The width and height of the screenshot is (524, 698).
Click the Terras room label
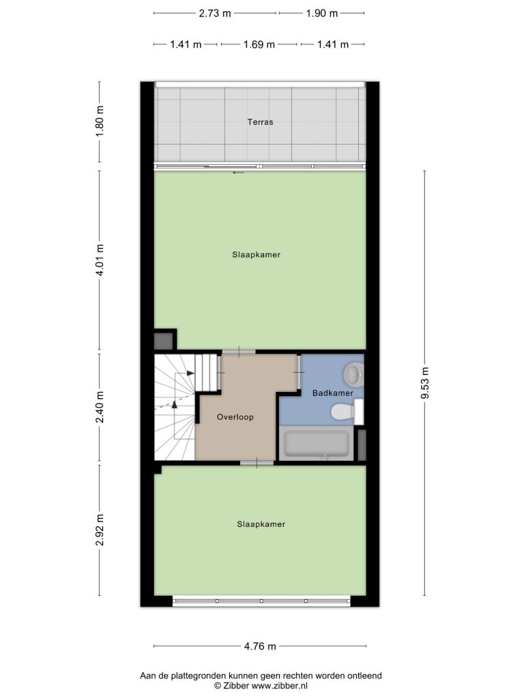[x=260, y=121]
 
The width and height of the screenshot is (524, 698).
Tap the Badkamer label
[x=332, y=393]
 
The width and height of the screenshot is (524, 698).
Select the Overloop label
[x=235, y=417]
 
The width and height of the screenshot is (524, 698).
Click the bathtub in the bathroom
[x=316, y=443]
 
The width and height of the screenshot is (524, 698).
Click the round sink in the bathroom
[x=354, y=374]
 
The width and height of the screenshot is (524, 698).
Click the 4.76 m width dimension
[x=260, y=646]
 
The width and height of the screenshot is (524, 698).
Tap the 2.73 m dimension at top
[x=215, y=14]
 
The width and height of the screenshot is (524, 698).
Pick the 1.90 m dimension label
[x=322, y=14]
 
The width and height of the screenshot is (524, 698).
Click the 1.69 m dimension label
[x=259, y=44]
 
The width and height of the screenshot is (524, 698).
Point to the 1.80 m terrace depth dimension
[x=100, y=121]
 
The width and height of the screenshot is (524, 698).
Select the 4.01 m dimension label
[x=100, y=260]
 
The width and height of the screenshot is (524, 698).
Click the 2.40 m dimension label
[x=100, y=407]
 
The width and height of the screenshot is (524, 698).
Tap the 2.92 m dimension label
[x=100, y=530]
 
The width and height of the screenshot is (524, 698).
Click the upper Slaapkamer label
[x=257, y=255]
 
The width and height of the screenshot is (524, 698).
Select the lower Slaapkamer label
[x=261, y=524]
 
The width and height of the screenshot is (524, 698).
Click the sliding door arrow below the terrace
[x=238, y=172]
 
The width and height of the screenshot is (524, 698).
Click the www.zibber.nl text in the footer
[x=279, y=686]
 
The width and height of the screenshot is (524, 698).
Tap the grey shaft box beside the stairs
[x=164, y=341]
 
